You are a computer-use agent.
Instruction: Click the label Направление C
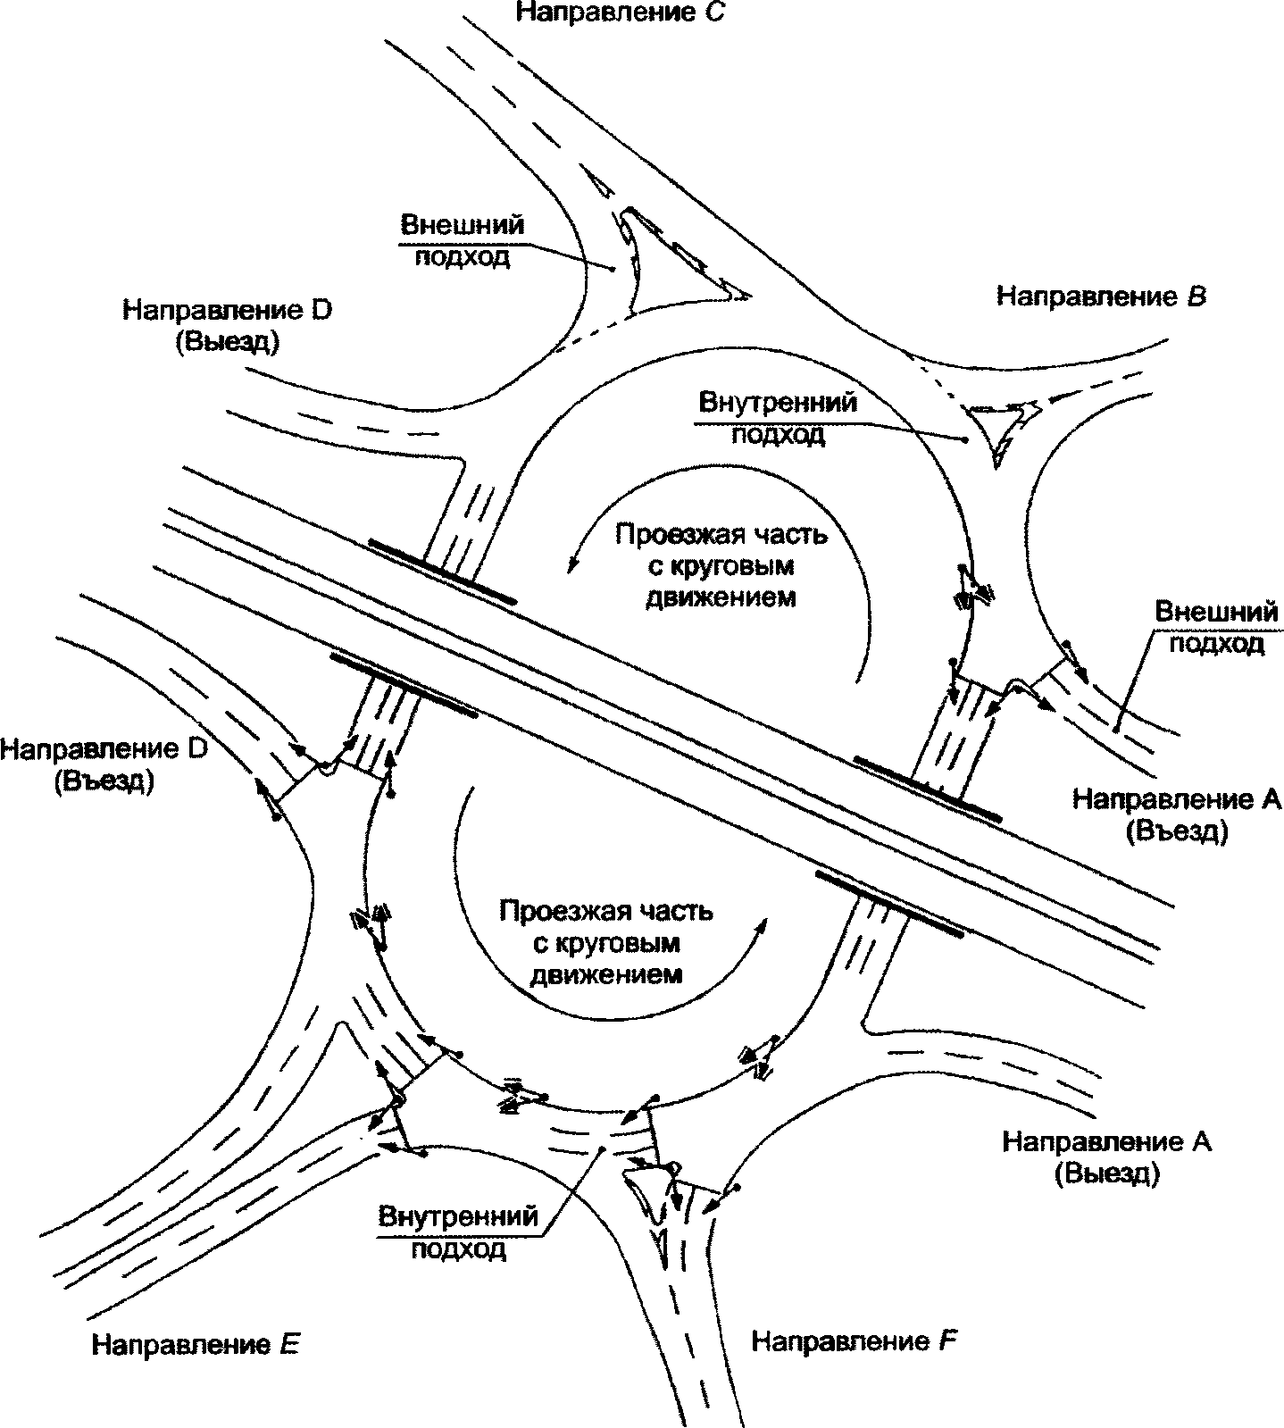pos(618,13)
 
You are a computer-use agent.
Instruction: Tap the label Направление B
pos(1101,296)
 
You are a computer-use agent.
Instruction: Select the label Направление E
pos(195,1344)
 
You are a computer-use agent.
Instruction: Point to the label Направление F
pos(854,1340)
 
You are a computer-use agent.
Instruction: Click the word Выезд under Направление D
pos(228,342)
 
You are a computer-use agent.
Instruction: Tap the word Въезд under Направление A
pos(1176,831)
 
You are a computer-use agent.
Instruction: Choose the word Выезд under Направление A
pos(1106,1174)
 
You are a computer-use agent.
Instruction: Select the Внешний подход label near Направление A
pos(1216,628)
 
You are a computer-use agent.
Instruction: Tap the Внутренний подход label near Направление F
pos(458,1232)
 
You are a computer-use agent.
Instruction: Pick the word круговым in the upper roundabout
pos(721,566)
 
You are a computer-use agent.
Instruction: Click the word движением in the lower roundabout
pos(606,973)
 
